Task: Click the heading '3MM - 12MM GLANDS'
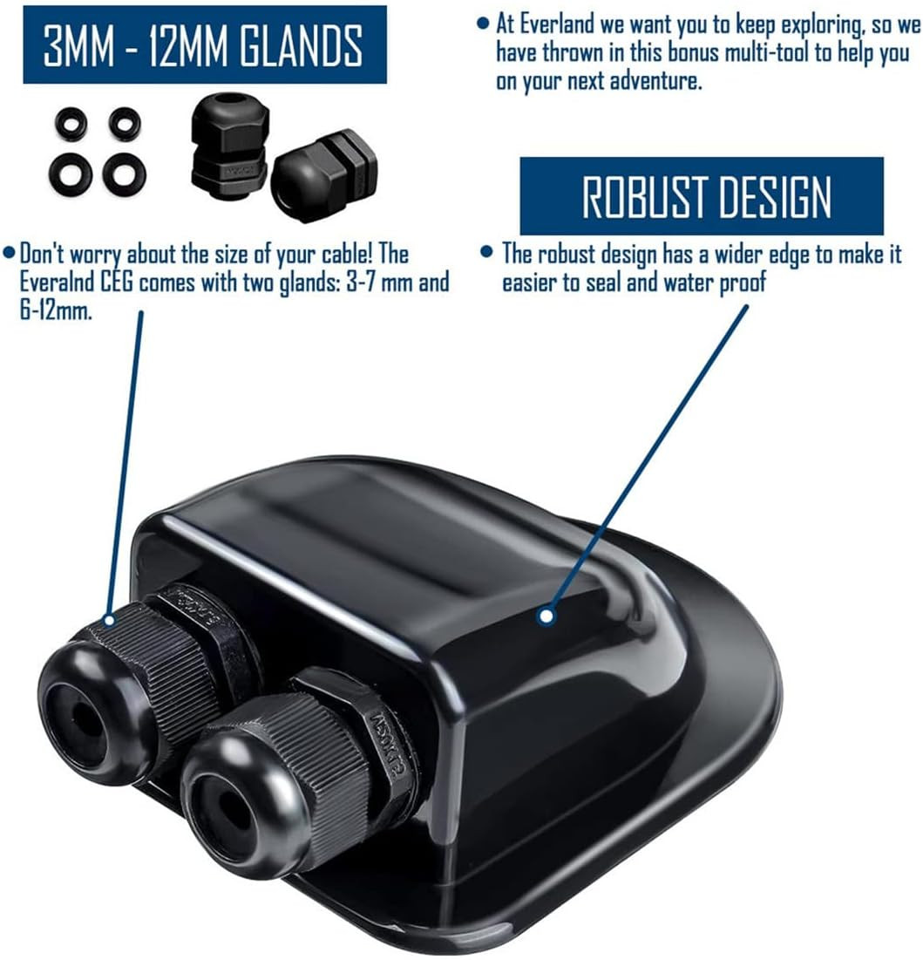202,45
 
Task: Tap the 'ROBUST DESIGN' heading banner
702,196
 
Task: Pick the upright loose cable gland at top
229,141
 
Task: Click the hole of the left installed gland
80,714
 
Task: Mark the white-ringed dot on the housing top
546,616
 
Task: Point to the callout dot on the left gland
109,620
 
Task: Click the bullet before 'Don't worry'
9,252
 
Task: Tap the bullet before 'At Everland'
483,24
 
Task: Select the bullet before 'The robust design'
486,252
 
